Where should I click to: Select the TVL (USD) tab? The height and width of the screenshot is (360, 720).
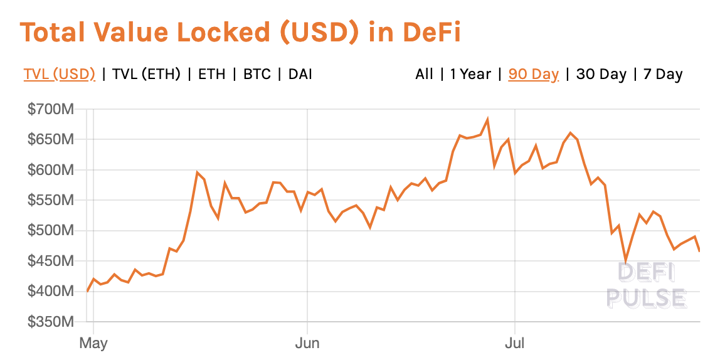[x=60, y=74]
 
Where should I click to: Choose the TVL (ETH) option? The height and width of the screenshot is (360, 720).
[x=146, y=74]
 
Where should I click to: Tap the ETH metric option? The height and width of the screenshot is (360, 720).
[x=211, y=74]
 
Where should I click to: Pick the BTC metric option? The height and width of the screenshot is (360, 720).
[x=257, y=74]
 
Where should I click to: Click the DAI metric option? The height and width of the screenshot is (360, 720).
[x=300, y=74]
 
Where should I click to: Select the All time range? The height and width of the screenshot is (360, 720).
[x=424, y=74]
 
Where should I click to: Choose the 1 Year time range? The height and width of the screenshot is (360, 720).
[x=470, y=74]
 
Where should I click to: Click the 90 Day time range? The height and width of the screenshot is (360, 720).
[x=533, y=74]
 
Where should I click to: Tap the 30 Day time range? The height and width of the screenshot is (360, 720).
[x=601, y=74]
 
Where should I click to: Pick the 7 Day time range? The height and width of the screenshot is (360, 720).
[x=662, y=74]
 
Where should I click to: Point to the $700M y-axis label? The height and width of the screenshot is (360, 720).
[x=51, y=110]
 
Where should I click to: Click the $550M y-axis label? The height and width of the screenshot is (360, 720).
[x=51, y=201]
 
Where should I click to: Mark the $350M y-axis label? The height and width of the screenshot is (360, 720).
[x=51, y=322]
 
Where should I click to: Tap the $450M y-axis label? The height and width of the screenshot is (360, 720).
[x=51, y=261]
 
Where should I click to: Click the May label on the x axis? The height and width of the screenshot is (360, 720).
[x=93, y=343]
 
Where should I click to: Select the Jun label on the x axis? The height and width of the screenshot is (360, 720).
[x=307, y=343]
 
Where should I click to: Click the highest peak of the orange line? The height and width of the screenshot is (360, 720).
[x=487, y=119]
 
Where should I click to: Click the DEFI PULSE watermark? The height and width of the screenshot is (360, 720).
[x=647, y=285]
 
